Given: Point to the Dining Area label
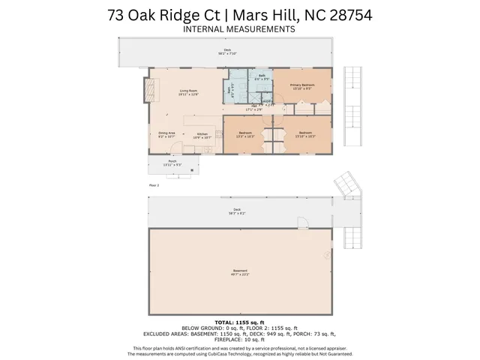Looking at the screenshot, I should point(166,135).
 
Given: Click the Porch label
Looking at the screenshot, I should point(172,163).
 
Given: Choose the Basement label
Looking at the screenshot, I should point(240,272).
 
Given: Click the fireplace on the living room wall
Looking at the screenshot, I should point(154,90).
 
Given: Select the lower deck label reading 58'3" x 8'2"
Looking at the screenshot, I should point(237,211).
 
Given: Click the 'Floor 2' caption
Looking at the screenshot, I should point(154,184).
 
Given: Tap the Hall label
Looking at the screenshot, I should point(256,107).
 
